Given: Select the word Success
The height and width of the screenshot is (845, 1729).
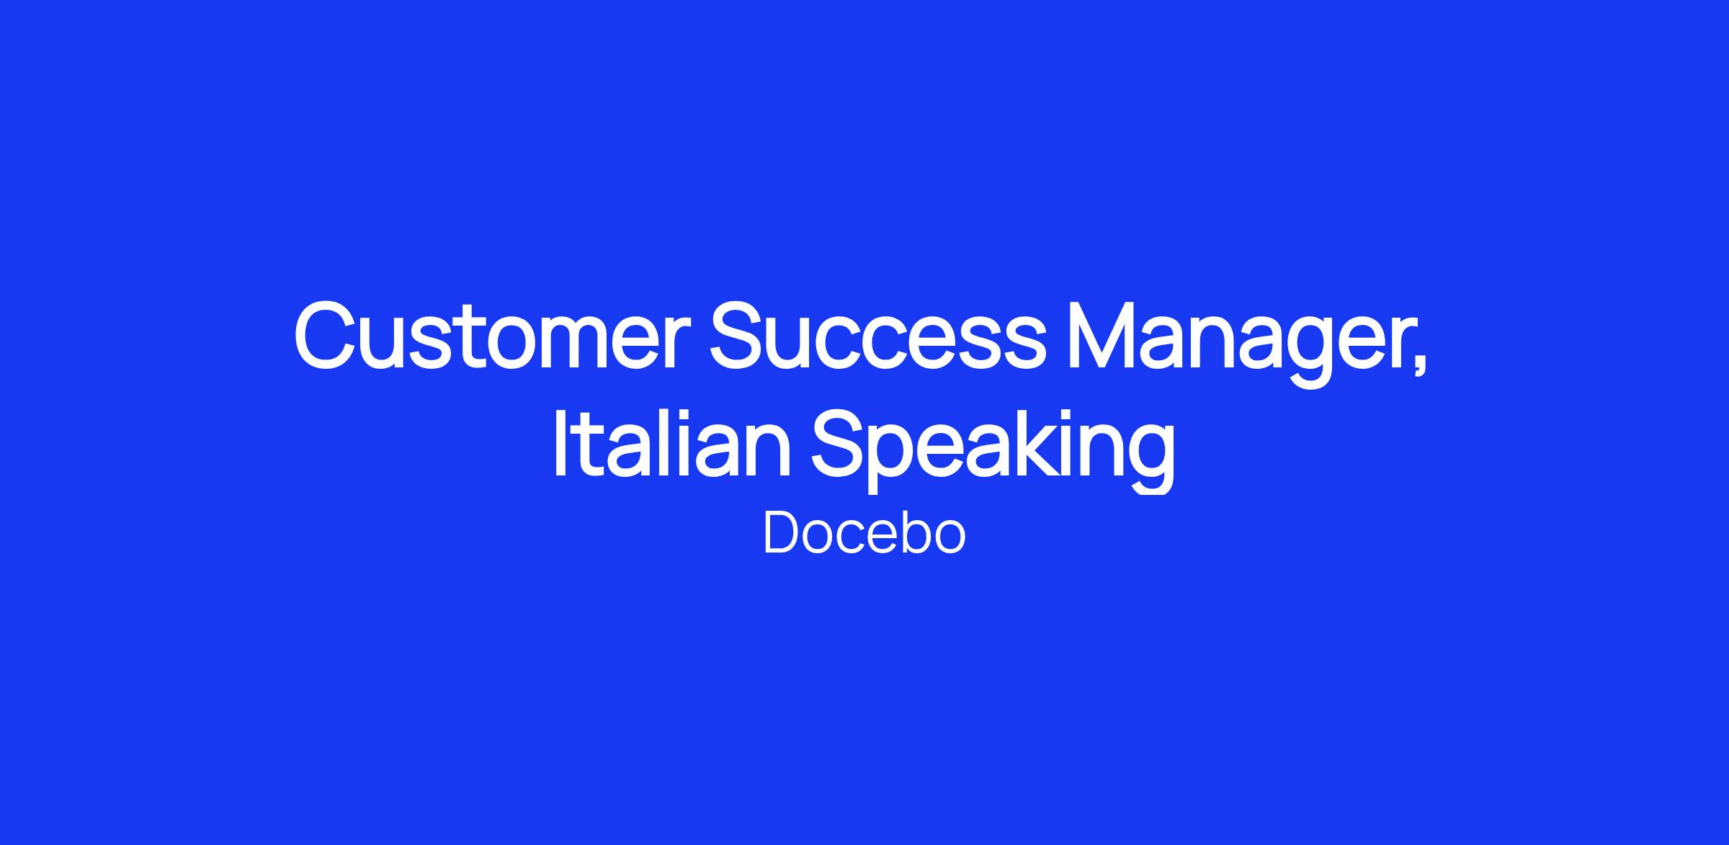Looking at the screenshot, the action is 877,336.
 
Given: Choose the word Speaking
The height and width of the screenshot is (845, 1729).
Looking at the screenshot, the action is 993,448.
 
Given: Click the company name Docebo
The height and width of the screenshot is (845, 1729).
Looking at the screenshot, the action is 864,533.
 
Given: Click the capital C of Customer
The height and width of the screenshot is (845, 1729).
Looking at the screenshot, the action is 327,336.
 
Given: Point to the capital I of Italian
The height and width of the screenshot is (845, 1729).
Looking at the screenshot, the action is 560,441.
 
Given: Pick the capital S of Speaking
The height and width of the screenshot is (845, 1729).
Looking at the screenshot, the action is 841,441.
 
